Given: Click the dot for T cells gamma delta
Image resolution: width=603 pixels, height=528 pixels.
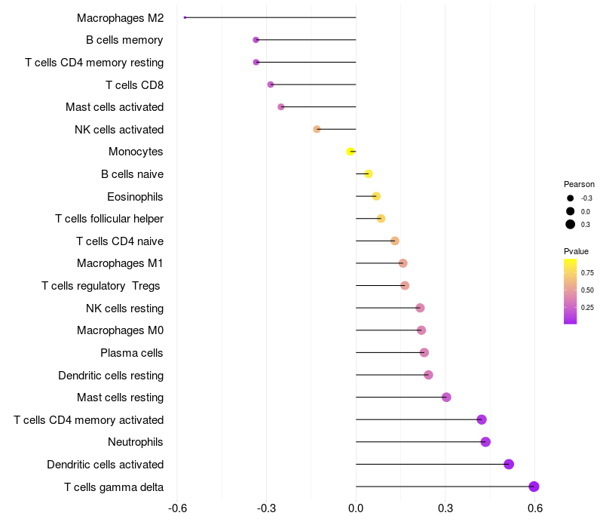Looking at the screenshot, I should coord(534,487).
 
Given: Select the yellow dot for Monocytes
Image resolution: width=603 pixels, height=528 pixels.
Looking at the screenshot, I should coord(350,152).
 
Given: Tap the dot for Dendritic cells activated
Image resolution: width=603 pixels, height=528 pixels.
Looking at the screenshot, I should coord(509,464).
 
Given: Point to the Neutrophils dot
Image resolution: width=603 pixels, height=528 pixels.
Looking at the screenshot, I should coord(485,442).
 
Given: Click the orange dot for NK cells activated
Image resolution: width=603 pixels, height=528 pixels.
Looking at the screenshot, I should coord(317,129).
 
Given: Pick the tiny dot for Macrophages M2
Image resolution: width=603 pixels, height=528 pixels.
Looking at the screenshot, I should coord(185,17).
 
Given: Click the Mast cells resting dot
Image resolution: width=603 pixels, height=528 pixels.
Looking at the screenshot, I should coord(446,397).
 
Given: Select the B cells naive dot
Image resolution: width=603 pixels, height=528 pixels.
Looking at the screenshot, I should coord(369,174).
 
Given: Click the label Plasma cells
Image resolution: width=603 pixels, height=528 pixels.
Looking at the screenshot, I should coord(132,353).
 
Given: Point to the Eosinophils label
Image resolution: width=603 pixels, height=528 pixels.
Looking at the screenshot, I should coord(135,197).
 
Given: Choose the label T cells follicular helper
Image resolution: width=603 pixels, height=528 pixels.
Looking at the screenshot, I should coord(109,219).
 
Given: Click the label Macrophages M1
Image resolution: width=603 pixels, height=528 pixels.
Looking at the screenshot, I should coord(120,263).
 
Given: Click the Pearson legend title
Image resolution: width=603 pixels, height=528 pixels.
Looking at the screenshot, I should coord(579,184).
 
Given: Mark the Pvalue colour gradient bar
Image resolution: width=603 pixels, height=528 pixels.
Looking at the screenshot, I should coord(571,291).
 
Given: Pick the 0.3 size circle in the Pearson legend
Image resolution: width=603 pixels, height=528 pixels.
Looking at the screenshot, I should coord(571,224).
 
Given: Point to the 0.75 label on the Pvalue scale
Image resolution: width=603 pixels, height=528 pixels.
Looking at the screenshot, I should coord(587,272).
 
